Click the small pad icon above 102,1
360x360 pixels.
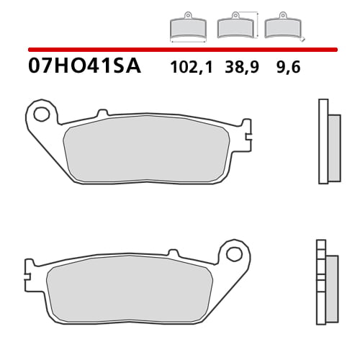pyautogui.click(x=186, y=27)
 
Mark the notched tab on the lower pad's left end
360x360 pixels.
pyautogui.click(x=27, y=271)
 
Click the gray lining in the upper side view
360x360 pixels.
pyautogui.click(x=333, y=148)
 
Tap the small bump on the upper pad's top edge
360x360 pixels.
pyautogui.click(x=102, y=112)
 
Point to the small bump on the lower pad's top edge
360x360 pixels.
pyautogui.click(x=172, y=253)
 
